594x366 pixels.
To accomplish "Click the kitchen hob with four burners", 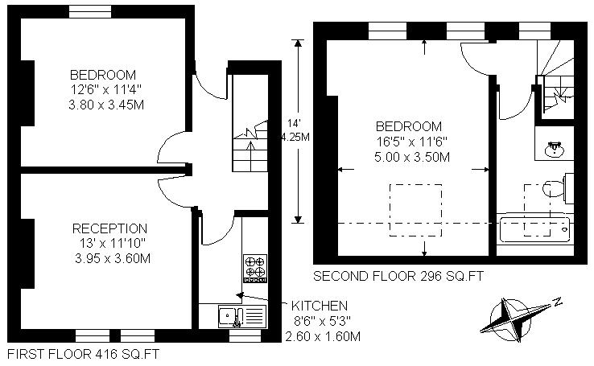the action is point(255,269).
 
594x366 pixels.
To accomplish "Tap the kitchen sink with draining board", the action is point(242,316).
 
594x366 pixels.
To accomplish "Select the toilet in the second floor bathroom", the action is point(558,187).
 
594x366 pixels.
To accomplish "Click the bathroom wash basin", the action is point(555,149).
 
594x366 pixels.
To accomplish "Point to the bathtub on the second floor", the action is point(535,229).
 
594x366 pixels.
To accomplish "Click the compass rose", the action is point(509,320).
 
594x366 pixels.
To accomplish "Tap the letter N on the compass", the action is point(557,302).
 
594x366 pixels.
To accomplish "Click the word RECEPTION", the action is point(109,228).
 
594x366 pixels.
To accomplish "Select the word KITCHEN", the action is point(320,306).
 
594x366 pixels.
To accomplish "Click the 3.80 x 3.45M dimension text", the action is point(106,105).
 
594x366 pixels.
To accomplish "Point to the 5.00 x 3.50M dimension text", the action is point(412,157).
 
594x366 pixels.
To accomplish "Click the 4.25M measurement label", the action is point(295,137).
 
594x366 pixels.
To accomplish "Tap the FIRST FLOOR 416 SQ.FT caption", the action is point(84,354).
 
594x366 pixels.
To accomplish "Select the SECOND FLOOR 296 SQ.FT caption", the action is point(398,276).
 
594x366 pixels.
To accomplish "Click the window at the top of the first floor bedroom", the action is point(90,12).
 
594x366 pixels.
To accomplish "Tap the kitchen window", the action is point(245,335).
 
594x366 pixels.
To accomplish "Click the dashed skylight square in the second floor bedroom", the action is point(416,211).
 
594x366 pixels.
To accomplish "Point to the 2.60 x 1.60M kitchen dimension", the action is point(323,336).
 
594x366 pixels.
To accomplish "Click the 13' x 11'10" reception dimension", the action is point(113,243).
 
